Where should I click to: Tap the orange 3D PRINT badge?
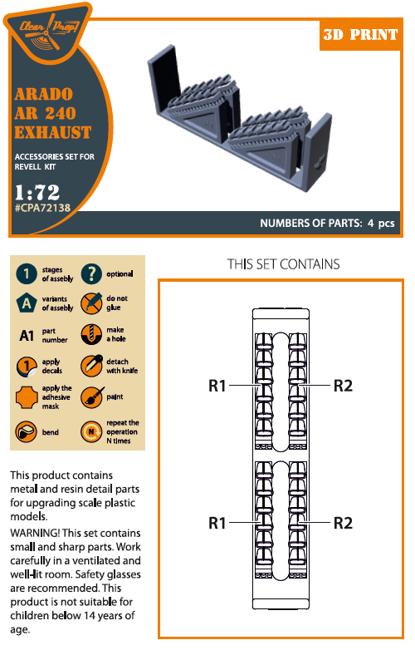(360, 35)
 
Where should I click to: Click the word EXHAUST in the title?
(52, 132)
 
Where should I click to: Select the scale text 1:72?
(37, 192)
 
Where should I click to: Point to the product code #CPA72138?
(42, 208)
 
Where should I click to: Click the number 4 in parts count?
(370, 223)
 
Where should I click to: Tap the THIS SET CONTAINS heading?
(283, 264)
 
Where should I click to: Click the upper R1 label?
(217, 386)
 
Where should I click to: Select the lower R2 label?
(343, 523)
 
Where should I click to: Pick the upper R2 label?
(343, 386)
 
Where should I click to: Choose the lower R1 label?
(217, 523)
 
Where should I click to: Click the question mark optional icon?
(91, 273)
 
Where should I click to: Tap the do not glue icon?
(91, 303)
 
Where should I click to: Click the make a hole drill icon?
(91, 334)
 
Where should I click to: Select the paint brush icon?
(92, 396)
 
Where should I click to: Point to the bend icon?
(26, 431)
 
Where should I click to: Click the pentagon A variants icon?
(27, 303)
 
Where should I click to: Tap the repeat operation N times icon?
(91, 431)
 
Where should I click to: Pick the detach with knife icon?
(91, 366)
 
